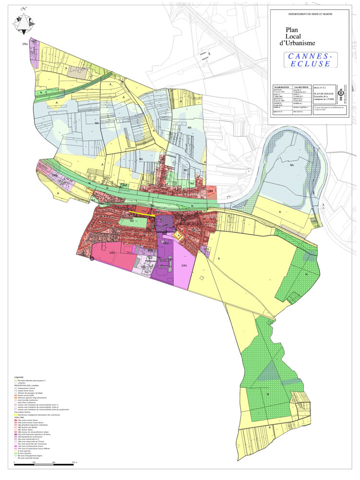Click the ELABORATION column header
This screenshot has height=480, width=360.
(x=282, y=84)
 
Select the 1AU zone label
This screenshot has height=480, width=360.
(x=112, y=252)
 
